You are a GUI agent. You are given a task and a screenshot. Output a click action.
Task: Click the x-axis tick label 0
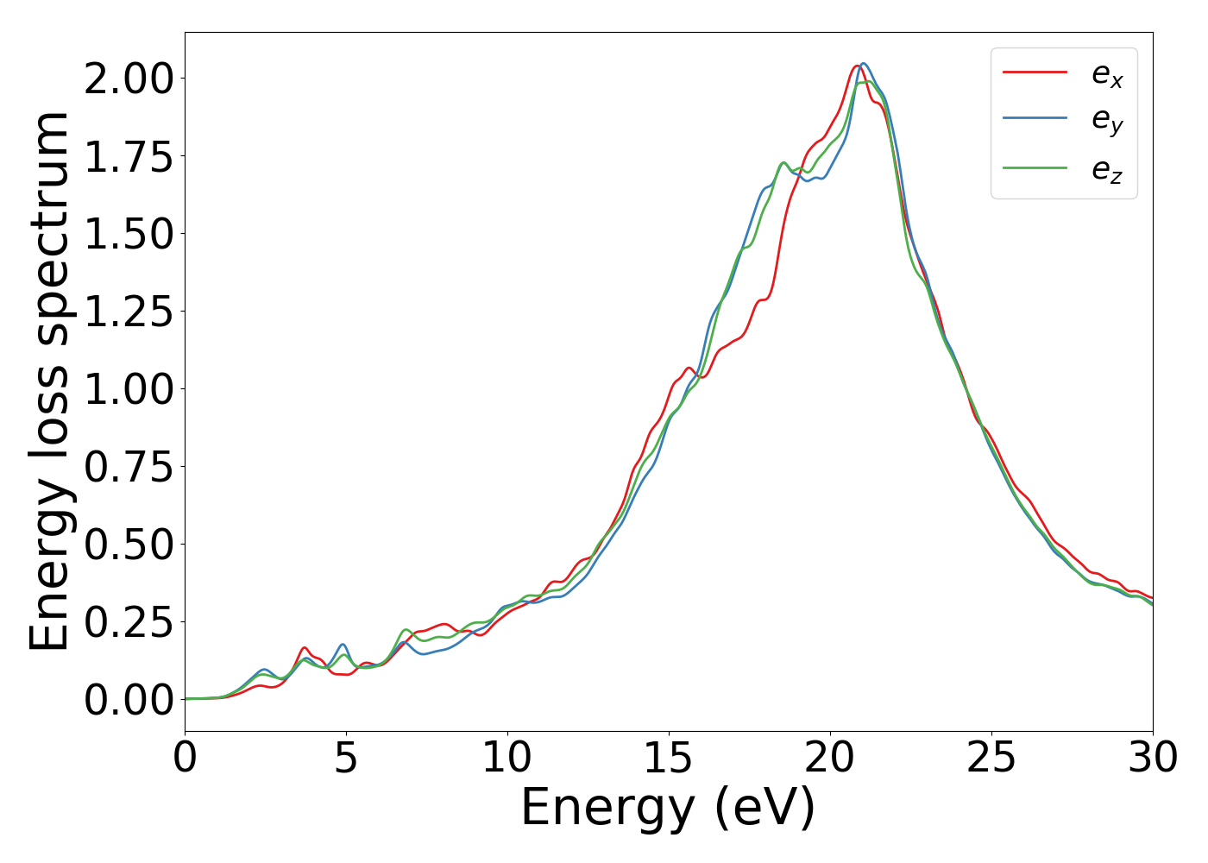185,759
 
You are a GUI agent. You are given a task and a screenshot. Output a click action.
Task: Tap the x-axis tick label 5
346,759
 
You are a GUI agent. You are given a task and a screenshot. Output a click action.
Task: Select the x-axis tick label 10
507,759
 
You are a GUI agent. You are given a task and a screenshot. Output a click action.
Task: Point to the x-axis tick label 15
669,759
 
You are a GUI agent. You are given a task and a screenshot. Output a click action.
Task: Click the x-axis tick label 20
830,759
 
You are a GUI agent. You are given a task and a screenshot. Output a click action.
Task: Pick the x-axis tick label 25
991,759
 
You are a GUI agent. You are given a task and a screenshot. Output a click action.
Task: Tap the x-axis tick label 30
1153,759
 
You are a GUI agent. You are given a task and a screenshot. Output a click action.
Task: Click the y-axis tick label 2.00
129,79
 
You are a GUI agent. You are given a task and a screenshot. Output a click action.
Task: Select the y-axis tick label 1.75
129,156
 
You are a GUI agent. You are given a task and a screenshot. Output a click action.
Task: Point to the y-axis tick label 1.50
129,234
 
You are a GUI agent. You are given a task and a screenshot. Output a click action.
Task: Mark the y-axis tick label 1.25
129,312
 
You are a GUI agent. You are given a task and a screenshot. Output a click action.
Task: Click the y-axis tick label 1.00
129,389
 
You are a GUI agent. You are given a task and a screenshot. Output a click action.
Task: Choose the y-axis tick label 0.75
129,467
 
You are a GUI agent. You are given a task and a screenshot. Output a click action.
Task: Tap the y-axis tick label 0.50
129,545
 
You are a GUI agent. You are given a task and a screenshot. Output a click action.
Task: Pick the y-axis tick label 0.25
129,622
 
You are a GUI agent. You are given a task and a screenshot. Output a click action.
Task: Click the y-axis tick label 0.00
129,700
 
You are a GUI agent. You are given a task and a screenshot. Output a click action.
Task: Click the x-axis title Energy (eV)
668,808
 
